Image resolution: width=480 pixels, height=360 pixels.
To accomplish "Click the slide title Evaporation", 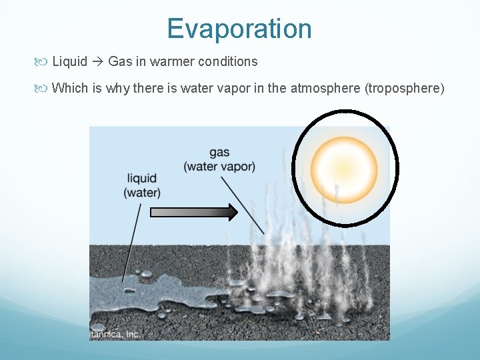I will coord(239,29).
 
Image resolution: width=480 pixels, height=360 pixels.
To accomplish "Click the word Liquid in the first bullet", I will coord(70,61).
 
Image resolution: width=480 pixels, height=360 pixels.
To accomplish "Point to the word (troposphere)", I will coord(404,88).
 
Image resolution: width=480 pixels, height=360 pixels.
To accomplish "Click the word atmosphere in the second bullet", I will coord(325,88).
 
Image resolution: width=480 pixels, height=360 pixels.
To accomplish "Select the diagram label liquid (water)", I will coord(141,185).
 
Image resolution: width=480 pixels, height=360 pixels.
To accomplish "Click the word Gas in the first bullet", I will coord(120,61).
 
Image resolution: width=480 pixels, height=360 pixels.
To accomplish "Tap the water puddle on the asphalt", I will coord(160,293).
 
